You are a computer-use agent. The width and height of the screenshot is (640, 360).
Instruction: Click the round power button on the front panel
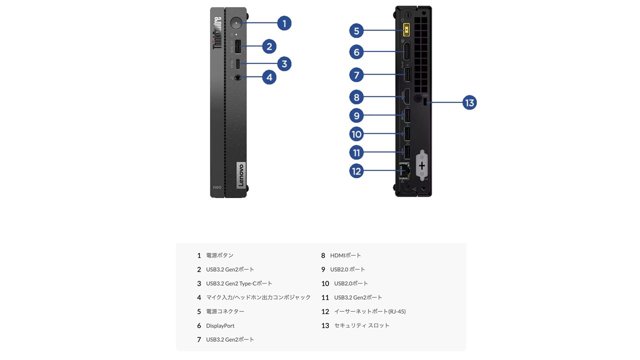[x=236, y=23]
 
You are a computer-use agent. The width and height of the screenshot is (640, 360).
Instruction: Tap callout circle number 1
[x=284, y=23]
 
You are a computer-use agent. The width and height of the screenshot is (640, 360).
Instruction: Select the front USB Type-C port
[x=238, y=63]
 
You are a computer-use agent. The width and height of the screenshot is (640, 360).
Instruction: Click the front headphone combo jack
[x=238, y=77]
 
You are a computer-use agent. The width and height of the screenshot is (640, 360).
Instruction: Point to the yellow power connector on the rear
[x=406, y=31]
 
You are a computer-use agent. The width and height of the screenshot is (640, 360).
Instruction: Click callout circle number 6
[x=356, y=51]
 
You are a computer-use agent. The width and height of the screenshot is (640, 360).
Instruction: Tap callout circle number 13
[x=469, y=102]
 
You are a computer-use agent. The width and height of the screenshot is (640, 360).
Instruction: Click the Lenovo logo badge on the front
[x=240, y=175]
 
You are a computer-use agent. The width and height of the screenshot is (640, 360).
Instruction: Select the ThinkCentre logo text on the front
[x=217, y=33]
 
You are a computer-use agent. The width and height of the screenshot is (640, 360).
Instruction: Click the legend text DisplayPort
[x=220, y=325]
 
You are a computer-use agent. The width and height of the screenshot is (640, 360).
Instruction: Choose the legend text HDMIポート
[x=345, y=255]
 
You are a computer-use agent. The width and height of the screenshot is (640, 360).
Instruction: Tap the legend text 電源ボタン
[x=219, y=255]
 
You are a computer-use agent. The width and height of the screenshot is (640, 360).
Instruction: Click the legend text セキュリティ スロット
[x=361, y=325]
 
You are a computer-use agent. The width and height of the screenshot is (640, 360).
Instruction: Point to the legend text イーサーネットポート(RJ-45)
[x=369, y=311]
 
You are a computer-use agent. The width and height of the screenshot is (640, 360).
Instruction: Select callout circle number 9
[x=356, y=115]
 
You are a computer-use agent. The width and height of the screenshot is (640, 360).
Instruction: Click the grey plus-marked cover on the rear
[x=422, y=165]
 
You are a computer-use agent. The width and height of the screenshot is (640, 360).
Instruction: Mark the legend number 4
[x=198, y=297]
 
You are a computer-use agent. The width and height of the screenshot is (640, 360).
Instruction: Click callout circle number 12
[x=356, y=171]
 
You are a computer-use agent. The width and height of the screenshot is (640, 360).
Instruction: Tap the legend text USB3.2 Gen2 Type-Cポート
[x=239, y=283]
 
